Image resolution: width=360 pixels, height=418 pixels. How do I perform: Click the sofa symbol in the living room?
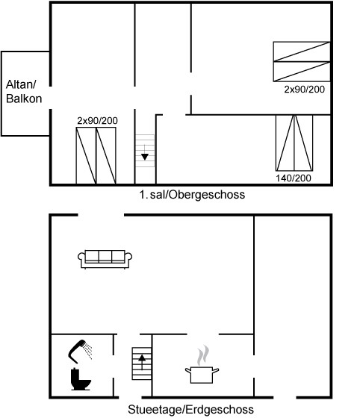tap(105, 259)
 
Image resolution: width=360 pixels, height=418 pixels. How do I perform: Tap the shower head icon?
tap(76, 351)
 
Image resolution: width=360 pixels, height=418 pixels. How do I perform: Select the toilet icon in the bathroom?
tap(81, 379)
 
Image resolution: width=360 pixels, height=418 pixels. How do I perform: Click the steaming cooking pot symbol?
tap(202, 375)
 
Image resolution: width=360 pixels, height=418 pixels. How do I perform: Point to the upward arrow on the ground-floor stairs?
tap(142, 362)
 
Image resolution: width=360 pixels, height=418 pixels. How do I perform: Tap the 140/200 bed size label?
tap(294, 178)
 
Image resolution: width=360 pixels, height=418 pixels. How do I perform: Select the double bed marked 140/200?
tap(294, 143)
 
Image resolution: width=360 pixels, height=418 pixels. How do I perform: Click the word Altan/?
tap(21, 84)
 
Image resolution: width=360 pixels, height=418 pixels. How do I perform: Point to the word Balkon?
tap(24, 99)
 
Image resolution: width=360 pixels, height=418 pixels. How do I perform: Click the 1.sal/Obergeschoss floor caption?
tap(192, 195)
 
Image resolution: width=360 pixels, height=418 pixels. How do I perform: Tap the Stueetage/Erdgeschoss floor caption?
tap(190, 409)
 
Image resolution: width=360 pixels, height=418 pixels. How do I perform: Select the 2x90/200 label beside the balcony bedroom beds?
tap(97, 121)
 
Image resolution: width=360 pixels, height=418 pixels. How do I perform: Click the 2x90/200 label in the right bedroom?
tap(304, 90)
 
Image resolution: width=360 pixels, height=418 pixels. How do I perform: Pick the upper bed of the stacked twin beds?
tap(302, 52)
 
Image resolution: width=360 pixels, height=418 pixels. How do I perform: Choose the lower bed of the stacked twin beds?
tap(302, 72)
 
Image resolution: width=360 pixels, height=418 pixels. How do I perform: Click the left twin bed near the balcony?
tap(86, 155)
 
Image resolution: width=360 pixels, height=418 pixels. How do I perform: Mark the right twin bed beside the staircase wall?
tap(106, 155)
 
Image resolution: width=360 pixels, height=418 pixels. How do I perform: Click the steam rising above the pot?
tap(203, 355)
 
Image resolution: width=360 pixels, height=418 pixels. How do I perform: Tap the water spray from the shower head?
tap(87, 351)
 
